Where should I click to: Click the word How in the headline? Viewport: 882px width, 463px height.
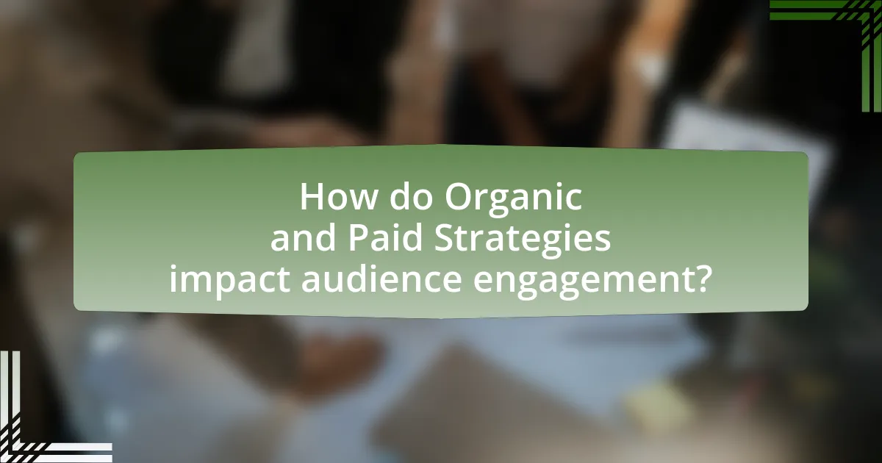[x=338, y=197]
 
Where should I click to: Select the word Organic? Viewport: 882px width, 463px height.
[x=514, y=200]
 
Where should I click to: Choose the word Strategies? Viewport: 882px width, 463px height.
[x=523, y=240]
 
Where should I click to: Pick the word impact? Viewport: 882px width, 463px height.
[x=230, y=281]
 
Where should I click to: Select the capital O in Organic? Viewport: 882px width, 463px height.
[x=459, y=197]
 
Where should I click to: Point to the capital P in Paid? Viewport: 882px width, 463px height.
[x=359, y=238]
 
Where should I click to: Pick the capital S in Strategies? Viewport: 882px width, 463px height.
[x=444, y=238]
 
